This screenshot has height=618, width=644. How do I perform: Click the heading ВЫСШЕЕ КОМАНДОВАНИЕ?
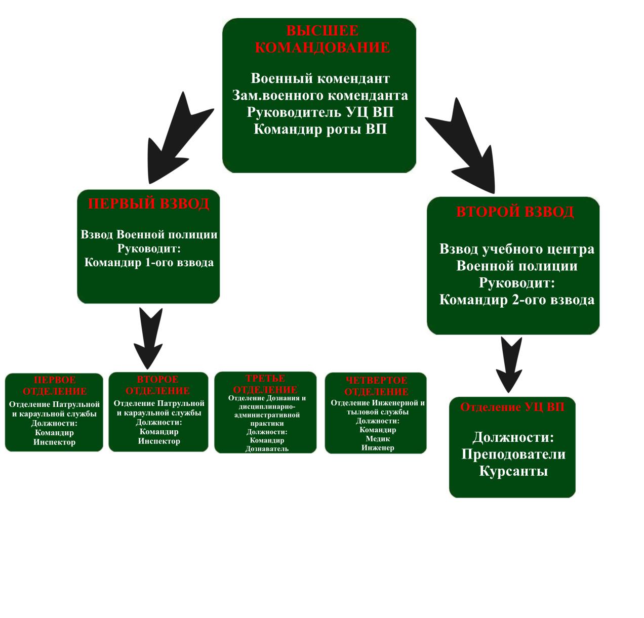(322, 39)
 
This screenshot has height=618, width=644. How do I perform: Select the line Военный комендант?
(320, 78)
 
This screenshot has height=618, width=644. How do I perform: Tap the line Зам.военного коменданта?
(320, 95)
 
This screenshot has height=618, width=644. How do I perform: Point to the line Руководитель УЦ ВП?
(320, 112)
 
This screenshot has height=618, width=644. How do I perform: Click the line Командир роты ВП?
(320, 129)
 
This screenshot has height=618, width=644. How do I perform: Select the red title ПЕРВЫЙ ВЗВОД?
(148, 203)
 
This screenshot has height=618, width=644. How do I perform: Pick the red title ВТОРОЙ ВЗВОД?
(515, 211)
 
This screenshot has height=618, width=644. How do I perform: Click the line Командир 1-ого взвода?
(149, 262)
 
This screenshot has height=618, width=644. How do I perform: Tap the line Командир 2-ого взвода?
(516, 300)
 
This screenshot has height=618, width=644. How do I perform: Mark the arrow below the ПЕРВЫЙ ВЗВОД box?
(149, 337)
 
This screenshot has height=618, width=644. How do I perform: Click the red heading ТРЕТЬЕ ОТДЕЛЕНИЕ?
(265, 384)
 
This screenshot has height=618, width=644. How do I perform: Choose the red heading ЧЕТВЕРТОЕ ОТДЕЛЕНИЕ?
(376, 386)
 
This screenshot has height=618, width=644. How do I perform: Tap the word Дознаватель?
(267, 448)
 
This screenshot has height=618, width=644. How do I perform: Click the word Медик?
(378, 439)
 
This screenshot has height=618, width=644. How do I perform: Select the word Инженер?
(378, 447)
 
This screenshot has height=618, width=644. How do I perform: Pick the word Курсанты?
(513, 471)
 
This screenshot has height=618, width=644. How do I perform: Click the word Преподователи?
(513, 454)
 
